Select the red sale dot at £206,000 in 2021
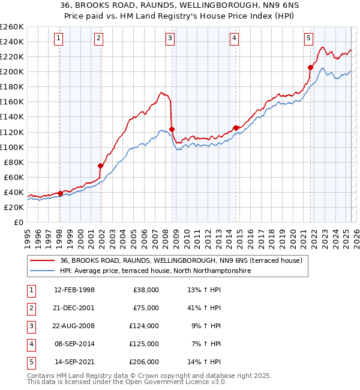coord(311,67)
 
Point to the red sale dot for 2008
coord(172,129)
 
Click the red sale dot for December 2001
coord(101,166)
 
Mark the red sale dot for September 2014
coord(236,128)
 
